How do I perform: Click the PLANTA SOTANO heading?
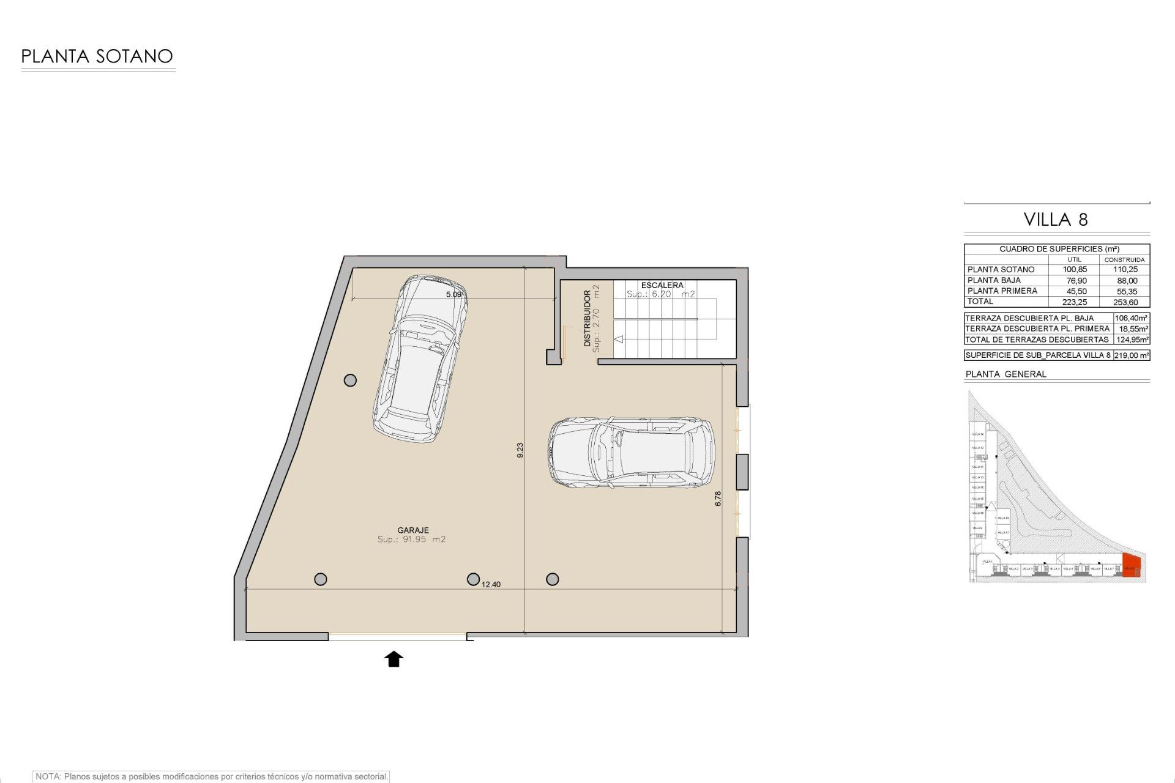pyautogui.click(x=97, y=56)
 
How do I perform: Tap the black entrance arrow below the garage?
pyautogui.click(x=394, y=659)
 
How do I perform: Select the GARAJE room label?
pyautogui.click(x=412, y=530)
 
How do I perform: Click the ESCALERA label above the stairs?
pyautogui.click(x=662, y=285)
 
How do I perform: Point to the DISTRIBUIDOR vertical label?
pyautogui.click(x=587, y=318)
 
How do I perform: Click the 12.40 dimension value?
pyautogui.click(x=491, y=584)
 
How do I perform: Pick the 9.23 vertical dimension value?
pyautogui.click(x=520, y=450)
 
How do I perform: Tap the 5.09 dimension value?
pyautogui.click(x=453, y=294)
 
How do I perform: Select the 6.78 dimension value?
pyautogui.click(x=718, y=499)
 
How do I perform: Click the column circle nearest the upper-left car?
pyautogui.click(x=350, y=380)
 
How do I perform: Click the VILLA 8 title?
pyautogui.click(x=1056, y=220)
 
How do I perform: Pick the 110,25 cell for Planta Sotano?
pyautogui.click(x=1125, y=270)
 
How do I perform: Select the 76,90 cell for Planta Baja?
pyautogui.click(x=1076, y=281)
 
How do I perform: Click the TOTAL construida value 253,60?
pyautogui.click(x=1125, y=302)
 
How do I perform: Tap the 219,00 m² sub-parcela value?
pyautogui.click(x=1132, y=355)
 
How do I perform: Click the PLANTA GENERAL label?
pyautogui.click(x=1005, y=374)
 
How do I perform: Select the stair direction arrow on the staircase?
pyautogui.click(x=618, y=339)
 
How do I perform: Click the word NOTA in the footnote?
pyautogui.click(x=48, y=776)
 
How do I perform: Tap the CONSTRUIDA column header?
pyautogui.click(x=1124, y=260)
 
